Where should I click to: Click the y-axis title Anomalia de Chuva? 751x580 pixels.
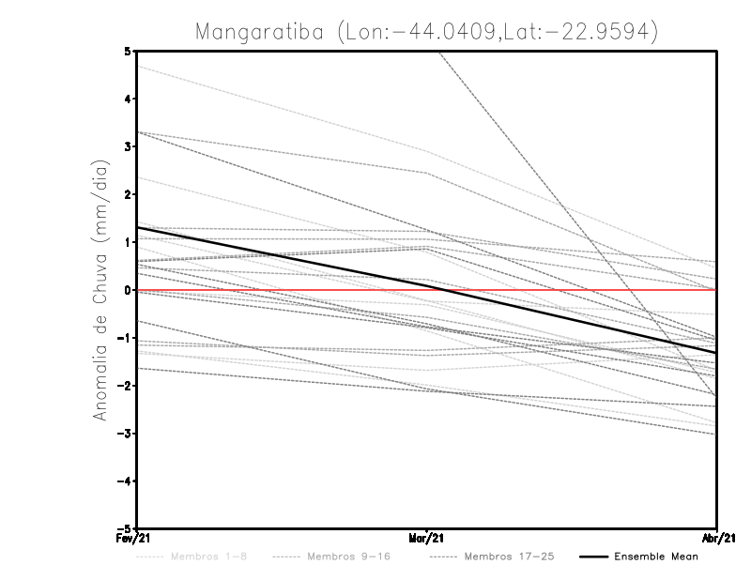coord(100,291)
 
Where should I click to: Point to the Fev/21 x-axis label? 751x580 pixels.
coord(137,539)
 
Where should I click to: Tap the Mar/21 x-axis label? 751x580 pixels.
coord(427,539)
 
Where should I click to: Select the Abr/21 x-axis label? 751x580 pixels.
coord(716,539)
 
